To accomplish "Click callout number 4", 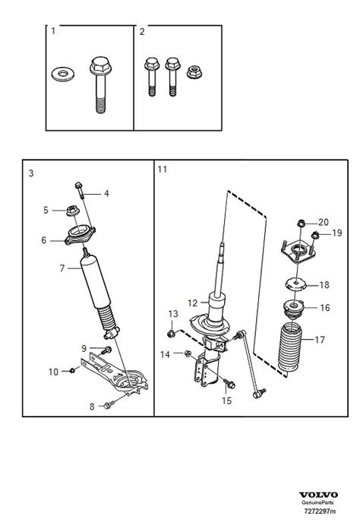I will [x=106, y=194].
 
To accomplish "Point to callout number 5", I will [x=46, y=210].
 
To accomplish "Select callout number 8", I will [x=92, y=407].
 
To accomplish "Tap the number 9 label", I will [x=85, y=348].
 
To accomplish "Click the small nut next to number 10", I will [x=71, y=370].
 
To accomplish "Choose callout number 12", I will [x=193, y=303].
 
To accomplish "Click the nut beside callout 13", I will [x=172, y=333].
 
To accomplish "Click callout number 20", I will [x=324, y=222].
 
